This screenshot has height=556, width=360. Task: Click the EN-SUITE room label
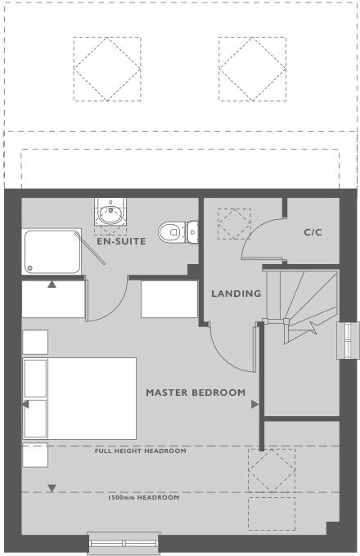point(120,242)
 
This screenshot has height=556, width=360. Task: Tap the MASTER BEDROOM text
point(196,392)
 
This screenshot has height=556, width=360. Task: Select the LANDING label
point(236,294)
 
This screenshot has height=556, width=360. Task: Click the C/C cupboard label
point(313,232)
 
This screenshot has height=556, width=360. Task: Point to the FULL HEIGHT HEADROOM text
point(140,451)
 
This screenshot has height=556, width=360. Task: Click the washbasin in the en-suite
point(109,214)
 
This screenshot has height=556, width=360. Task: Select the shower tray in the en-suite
point(52,251)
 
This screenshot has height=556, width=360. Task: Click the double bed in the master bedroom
point(79,397)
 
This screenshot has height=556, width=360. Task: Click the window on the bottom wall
point(124,542)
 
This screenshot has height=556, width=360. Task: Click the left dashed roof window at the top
point(106,68)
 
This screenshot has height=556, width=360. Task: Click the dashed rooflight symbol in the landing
point(234,223)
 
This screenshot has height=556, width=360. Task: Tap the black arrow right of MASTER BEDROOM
point(255,404)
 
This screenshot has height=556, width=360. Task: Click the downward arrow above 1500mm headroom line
point(52,488)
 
